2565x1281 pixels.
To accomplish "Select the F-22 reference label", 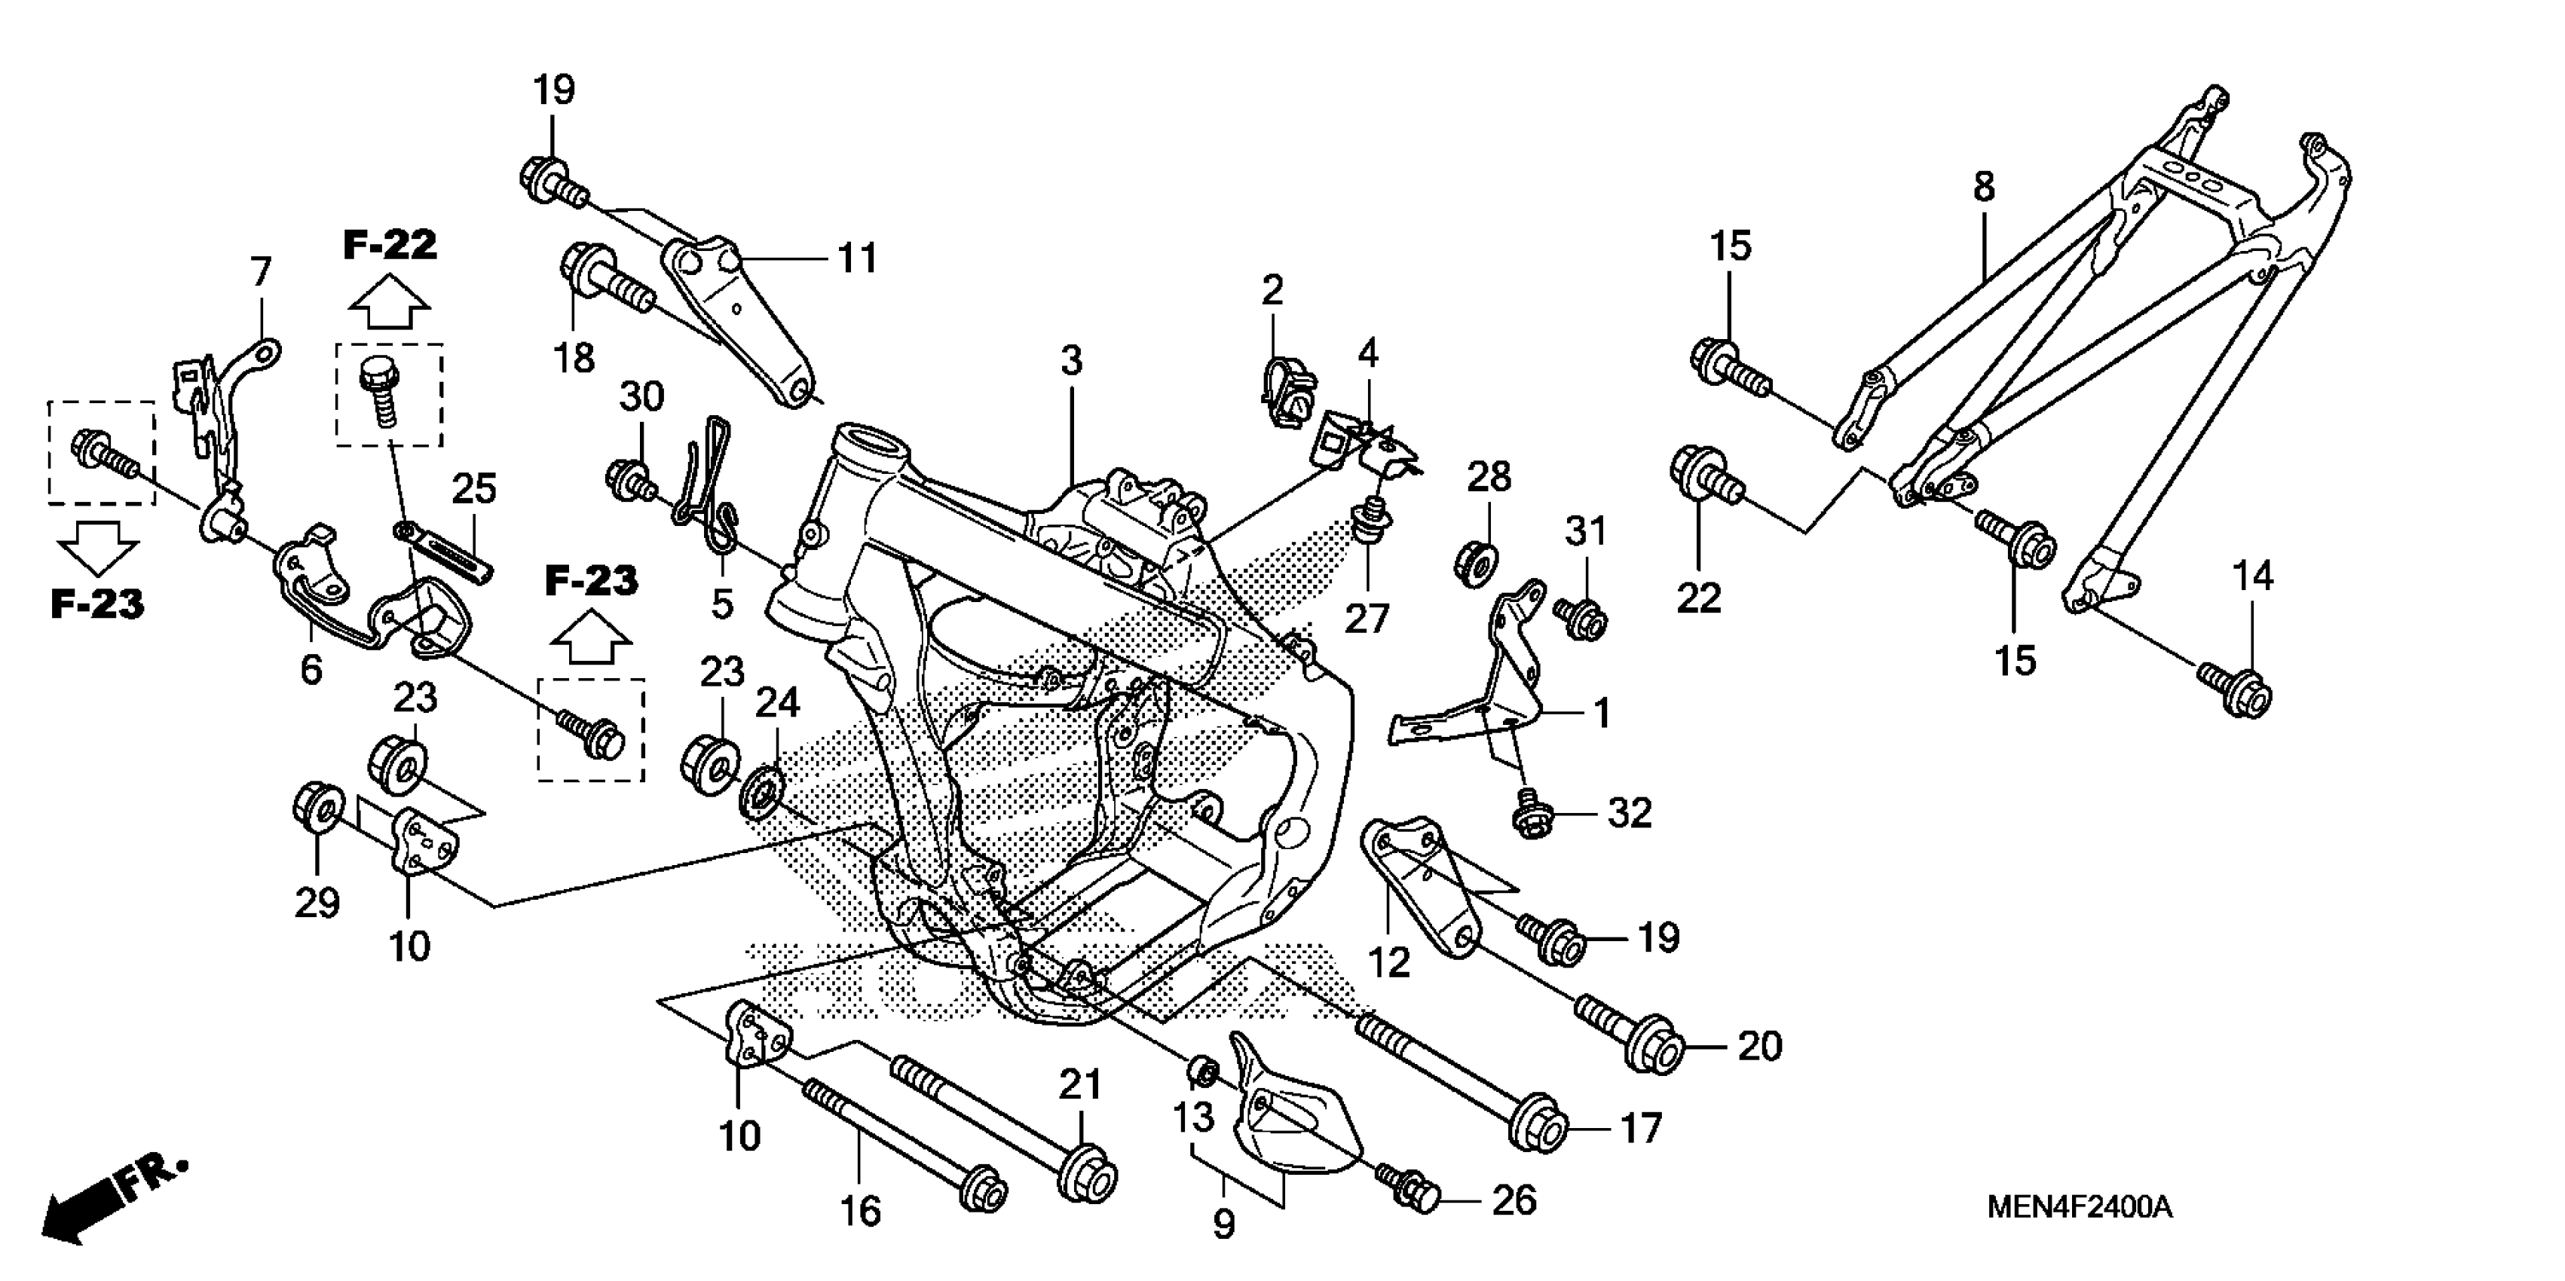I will coord(390,245).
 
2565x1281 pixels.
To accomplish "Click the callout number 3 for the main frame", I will coord(1070,360).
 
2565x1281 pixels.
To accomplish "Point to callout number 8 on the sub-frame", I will coord(1985,187).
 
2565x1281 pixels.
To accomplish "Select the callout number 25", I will coord(474,489).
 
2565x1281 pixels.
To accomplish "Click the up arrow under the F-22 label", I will coord(390,303).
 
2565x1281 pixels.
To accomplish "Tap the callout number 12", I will coord(1388,962).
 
